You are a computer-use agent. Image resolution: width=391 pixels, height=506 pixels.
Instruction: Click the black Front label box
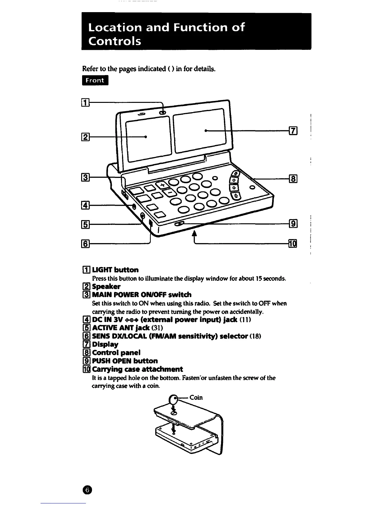[x=95, y=80]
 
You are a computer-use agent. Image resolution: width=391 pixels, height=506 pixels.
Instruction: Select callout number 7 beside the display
[x=293, y=131]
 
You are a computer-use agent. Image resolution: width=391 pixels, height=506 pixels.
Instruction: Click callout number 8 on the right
[x=293, y=179]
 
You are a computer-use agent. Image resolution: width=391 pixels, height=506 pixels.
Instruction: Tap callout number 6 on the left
[x=85, y=244]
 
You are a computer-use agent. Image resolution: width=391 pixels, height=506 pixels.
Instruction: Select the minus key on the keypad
[x=169, y=193]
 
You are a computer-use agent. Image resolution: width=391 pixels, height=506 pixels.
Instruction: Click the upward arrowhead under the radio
[x=194, y=235]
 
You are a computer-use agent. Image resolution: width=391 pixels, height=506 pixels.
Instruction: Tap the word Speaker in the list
[x=106, y=286]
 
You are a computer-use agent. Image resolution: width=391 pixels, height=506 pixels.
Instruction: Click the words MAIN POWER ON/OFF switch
[x=142, y=295]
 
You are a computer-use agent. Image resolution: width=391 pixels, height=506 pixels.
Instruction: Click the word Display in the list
[x=105, y=344]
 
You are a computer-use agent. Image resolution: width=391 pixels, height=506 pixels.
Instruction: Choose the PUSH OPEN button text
[x=125, y=361]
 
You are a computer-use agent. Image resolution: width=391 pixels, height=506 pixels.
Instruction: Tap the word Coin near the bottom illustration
[x=196, y=397]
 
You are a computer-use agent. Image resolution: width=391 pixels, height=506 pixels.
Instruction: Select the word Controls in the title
[x=114, y=42]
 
